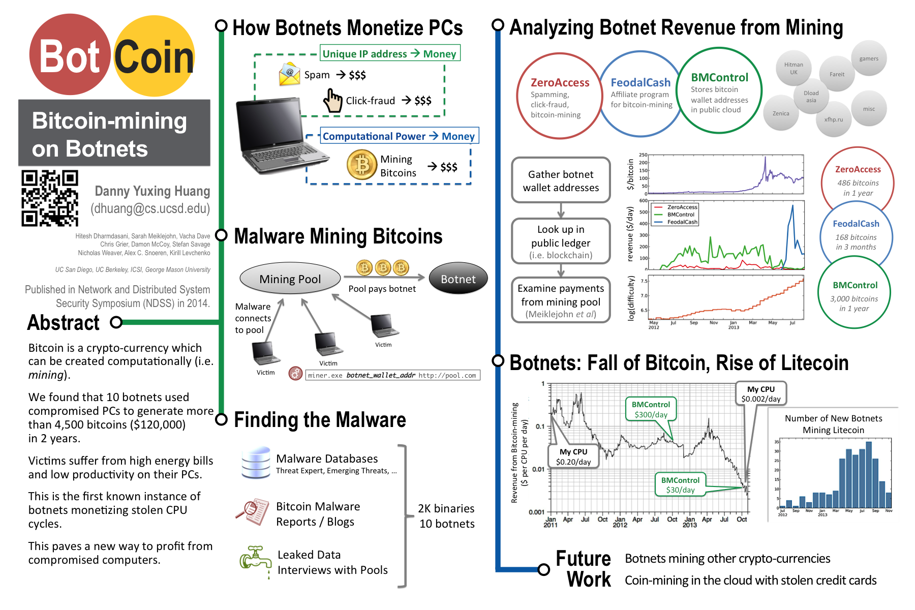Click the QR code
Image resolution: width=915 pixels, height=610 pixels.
[50, 198]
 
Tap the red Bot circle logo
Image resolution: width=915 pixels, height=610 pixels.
[70, 55]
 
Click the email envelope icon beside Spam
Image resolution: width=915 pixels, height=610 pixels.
[289, 74]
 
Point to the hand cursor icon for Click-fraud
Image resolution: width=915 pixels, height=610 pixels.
[333, 100]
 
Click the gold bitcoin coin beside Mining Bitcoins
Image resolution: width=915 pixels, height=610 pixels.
[361, 165]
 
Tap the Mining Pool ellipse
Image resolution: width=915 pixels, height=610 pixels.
[290, 279]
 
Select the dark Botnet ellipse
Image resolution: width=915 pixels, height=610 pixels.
[458, 279]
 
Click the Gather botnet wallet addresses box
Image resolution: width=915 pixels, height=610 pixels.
[561, 180]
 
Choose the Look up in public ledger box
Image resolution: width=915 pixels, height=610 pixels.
[561, 241]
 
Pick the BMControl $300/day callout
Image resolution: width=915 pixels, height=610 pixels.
[651, 409]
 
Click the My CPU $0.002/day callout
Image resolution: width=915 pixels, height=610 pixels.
[760, 393]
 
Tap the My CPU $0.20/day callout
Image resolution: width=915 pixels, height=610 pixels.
[573, 456]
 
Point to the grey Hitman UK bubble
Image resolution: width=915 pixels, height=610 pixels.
[794, 68]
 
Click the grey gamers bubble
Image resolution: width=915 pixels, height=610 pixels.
[869, 58]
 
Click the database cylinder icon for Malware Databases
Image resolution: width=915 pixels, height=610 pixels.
[256, 463]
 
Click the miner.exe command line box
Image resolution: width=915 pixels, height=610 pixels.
[392, 375]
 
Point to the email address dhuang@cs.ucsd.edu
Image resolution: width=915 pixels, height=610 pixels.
[150, 208]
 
